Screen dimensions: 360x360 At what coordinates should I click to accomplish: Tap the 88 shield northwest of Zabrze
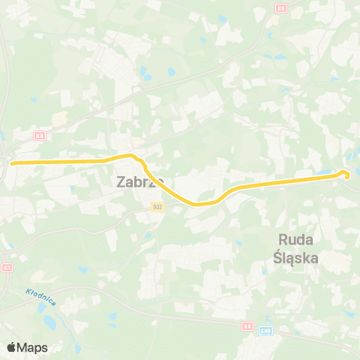[x=40, y=135]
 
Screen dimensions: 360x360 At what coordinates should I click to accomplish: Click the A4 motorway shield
[x=247, y=325]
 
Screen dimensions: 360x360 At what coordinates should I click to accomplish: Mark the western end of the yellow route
[x=10, y=161]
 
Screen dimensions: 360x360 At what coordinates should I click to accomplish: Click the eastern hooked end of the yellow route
[x=346, y=174]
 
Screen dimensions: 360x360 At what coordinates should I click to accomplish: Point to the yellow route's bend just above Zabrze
[x=132, y=156]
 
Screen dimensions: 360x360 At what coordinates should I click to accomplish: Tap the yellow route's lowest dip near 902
[x=196, y=203]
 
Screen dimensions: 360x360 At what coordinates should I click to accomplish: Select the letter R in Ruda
[x=283, y=241]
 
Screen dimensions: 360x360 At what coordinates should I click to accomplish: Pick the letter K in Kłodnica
[x=27, y=292]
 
